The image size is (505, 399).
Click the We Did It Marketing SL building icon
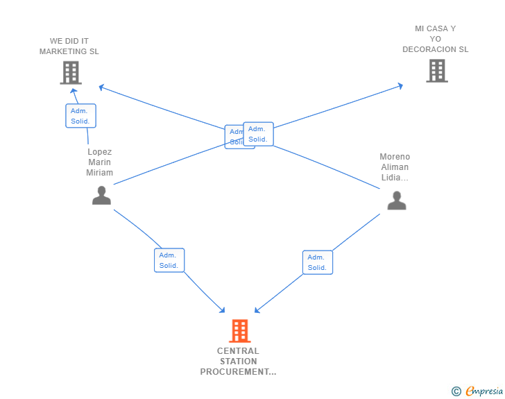pyautogui.click(x=70, y=72)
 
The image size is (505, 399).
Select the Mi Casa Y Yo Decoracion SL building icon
pyautogui.click(x=436, y=71)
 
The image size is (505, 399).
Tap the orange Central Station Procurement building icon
pyautogui.click(x=239, y=331)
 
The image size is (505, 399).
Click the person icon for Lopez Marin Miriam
pyautogui.click(x=101, y=196)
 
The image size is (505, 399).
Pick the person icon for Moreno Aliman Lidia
pyautogui.click(x=396, y=201)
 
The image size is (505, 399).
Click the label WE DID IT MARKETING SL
pyautogui.click(x=69, y=46)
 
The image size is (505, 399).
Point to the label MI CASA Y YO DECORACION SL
pyautogui.click(x=436, y=40)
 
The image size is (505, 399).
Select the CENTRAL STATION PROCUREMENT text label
pyautogui.click(x=238, y=362)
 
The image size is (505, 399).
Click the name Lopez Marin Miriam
pyautogui.click(x=99, y=162)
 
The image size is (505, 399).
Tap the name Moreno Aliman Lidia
pyautogui.click(x=395, y=167)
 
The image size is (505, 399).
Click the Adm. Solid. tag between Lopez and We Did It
pyautogui.click(x=80, y=116)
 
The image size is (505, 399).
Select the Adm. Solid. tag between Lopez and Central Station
pyautogui.click(x=169, y=260)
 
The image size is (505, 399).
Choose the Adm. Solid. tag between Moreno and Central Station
pyautogui.click(x=317, y=262)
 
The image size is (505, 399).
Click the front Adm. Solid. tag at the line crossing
pyautogui.click(x=258, y=134)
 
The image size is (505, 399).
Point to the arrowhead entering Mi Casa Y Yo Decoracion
pyautogui.click(x=400, y=85)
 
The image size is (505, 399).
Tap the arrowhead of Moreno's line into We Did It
pyautogui.click(x=101, y=87)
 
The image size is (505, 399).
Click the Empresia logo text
pyautogui.click(x=484, y=391)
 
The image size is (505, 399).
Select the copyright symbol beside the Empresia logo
pyautogui.click(x=456, y=392)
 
